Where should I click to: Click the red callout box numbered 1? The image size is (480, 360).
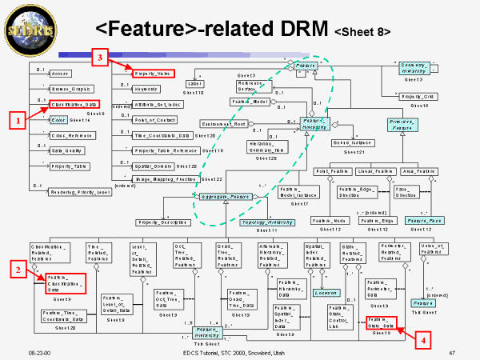coord(14,122)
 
